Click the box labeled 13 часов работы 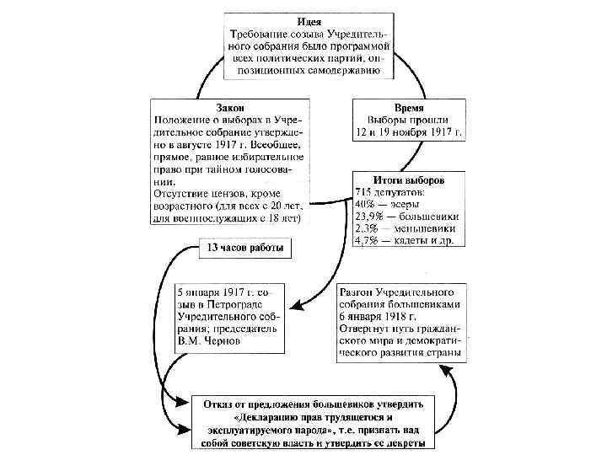click(x=245, y=249)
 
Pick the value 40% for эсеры click(x=368, y=203)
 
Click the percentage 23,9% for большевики click(x=373, y=216)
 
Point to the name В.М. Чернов click(x=209, y=341)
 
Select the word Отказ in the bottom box click(x=223, y=403)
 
